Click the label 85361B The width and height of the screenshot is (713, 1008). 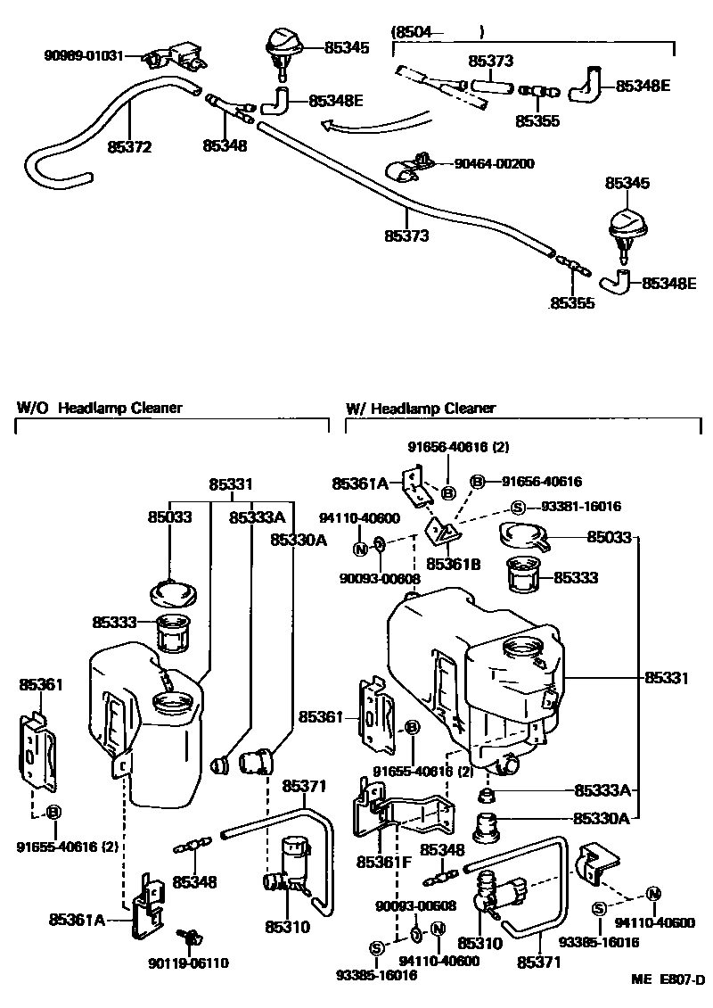pos(453,564)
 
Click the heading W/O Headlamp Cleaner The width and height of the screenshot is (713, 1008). pos(100,408)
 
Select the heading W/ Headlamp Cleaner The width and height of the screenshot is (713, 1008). pos(420,408)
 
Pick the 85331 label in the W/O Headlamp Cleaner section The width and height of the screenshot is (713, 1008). pos(231,484)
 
